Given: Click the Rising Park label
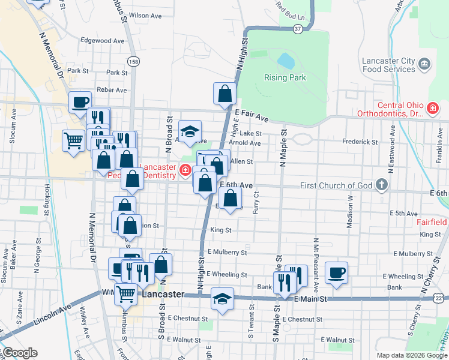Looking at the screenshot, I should point(285,77).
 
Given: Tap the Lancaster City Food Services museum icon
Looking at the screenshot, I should point(424,64).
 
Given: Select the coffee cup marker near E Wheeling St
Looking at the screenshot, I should point(336,272).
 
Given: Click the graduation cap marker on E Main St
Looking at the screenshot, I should point(222,299).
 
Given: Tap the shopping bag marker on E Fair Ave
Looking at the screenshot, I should point(224,94).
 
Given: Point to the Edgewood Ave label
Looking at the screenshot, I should point(102,41).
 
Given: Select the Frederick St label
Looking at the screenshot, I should point(360,142).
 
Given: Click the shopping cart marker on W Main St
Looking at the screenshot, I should point(125,293).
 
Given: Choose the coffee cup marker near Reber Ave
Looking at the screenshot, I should point(80,101).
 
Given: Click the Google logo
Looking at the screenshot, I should point(19,353).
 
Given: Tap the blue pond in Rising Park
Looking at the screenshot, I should point(286,61).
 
